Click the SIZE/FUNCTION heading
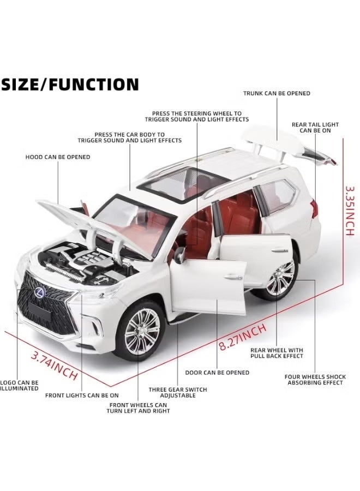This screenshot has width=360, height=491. [70, 84]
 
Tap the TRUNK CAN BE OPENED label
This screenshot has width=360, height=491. [277, 93]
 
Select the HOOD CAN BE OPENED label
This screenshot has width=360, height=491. [58, 157]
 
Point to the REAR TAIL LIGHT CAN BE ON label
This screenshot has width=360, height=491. [315, 128]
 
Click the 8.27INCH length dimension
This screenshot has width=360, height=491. [243, 337]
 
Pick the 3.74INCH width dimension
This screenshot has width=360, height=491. [54, 365]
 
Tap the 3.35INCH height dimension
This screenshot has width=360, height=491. [350, 211]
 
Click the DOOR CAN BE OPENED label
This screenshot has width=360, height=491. [217, 373]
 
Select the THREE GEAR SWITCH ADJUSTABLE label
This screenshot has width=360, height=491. [178, 393]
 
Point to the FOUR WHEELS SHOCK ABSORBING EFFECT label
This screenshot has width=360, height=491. [315, 380]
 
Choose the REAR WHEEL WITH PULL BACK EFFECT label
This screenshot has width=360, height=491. [277, 353]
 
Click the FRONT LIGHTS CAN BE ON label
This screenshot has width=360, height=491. [82, 396]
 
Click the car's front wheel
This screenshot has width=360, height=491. [141, 331]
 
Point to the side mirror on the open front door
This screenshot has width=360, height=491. [179, 255]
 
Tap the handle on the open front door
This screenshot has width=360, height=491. [233, 277]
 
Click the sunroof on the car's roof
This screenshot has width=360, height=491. [183, 183]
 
